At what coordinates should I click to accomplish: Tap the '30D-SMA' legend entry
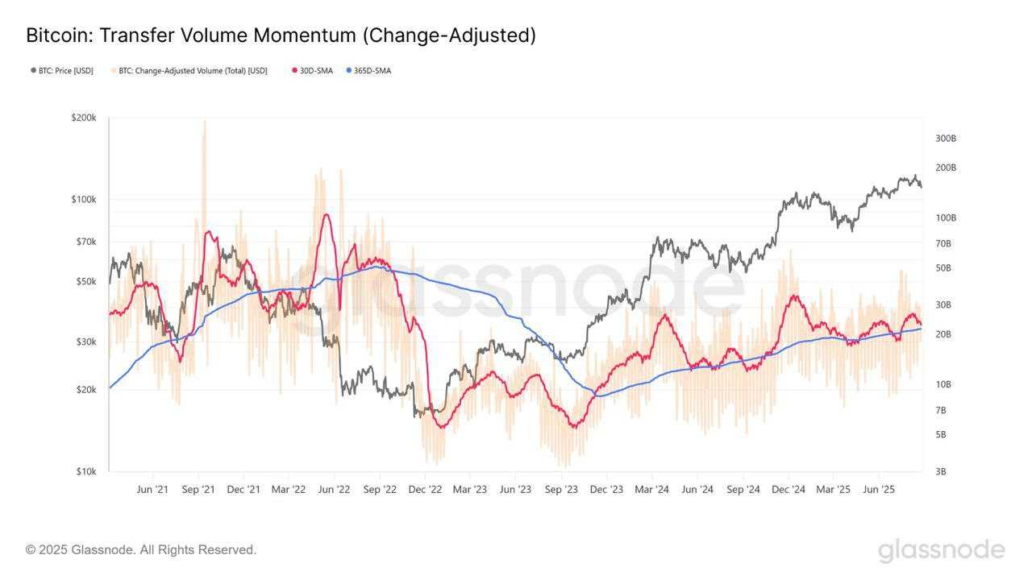315,71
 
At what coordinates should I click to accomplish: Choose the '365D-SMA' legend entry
372,71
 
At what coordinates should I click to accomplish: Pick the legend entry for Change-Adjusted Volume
193,71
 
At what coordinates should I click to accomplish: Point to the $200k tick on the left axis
84,118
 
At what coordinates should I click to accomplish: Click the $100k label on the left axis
84,199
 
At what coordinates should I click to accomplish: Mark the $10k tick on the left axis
85,471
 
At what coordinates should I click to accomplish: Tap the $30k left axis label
85,342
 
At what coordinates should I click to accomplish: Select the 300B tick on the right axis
946,139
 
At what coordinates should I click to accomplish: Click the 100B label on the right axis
946,217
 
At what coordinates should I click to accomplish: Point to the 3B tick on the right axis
941,471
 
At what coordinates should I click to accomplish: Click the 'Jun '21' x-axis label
152,489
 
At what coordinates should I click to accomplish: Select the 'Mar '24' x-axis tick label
651,489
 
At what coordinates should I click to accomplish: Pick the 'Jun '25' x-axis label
879,489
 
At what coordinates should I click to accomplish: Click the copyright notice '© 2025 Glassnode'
141,549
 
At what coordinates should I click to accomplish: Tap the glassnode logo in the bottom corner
941,550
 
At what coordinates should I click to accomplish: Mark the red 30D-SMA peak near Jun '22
326,214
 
